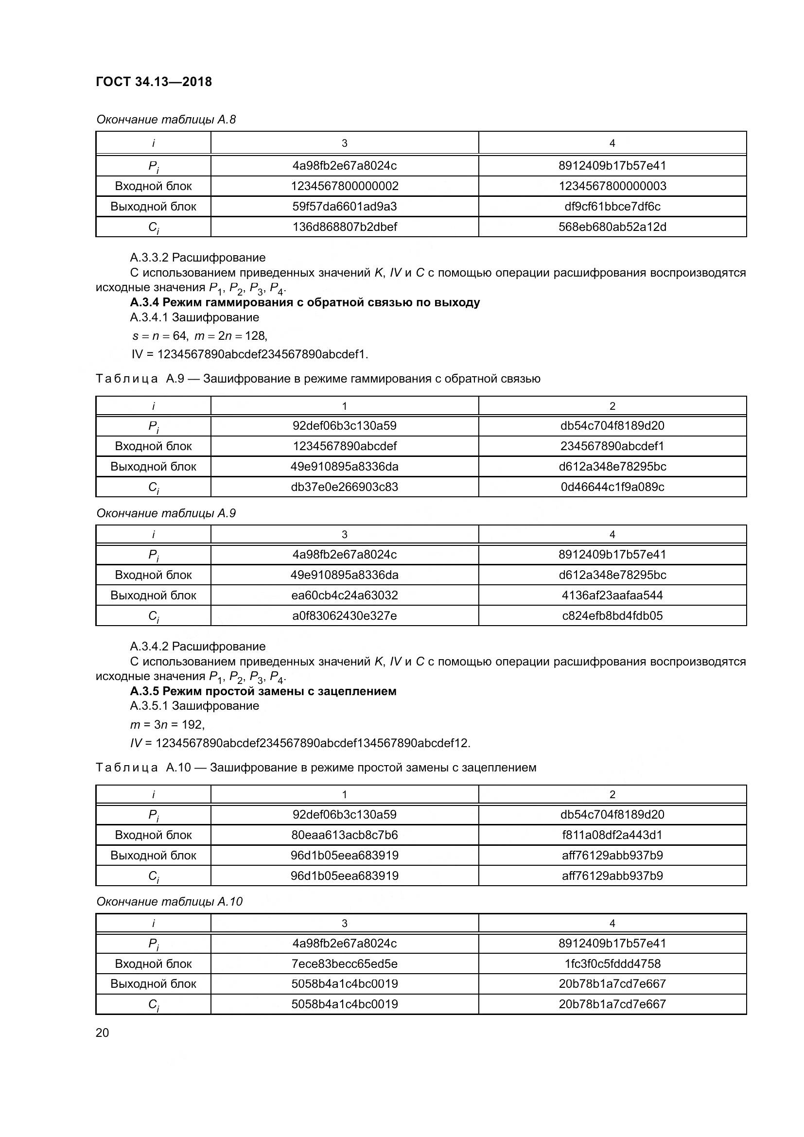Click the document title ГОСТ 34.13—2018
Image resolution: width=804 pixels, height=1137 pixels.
(x=154, y=82)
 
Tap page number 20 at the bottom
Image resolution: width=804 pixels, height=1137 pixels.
(x=102, y=1032)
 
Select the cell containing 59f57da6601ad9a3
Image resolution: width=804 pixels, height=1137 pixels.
(x=344, y=207)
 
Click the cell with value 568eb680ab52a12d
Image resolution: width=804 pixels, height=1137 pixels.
(x=612, y=227)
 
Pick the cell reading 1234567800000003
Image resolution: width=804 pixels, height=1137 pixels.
(x=612, y=186)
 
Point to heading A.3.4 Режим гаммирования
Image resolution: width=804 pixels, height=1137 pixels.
(x=304, y=302)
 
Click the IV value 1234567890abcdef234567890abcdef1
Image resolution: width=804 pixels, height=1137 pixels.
(x=262, y=354)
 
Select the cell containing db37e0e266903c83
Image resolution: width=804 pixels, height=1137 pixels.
(x=344, y=487)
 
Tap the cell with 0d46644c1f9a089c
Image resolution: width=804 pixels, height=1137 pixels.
(x=612, y=487)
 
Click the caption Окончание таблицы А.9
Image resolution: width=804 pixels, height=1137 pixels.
(x=166, y=513)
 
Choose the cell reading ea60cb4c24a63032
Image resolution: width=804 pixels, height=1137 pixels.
(x=344, y=595)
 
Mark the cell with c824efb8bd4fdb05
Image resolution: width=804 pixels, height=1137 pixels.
(x=612, y=615)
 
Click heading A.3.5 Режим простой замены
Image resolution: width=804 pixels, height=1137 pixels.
(x=263, y=691)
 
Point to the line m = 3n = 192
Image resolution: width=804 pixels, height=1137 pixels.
(x=167, y=724)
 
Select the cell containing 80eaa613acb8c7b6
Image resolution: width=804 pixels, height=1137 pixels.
(x=344, y=835)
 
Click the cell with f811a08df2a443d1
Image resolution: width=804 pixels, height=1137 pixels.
(x=612, y=835)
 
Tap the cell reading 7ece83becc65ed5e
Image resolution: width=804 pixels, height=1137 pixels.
(x=344, y=963)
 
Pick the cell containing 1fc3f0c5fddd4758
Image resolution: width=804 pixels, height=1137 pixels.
(x=612, y=963)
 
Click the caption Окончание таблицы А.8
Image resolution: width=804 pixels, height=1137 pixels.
(x=166, y=120)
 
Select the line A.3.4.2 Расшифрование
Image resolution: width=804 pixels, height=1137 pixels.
(x=197, y=646)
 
